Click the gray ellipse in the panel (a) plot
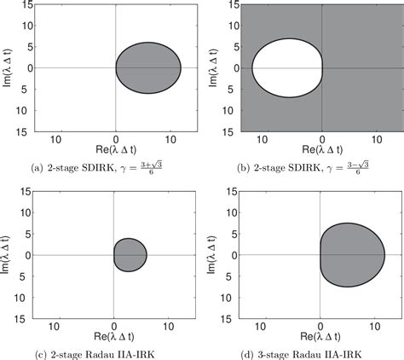pyautogui.click(x=148, y=67)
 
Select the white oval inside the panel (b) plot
pyautogui.click(x=286, y=67)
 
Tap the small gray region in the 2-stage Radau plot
pyautogui.click(x=130, y=254)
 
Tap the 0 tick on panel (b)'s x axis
pyautogui.click(x=321, y=138)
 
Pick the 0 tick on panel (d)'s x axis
pyautogui.click(x=321, y=325)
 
